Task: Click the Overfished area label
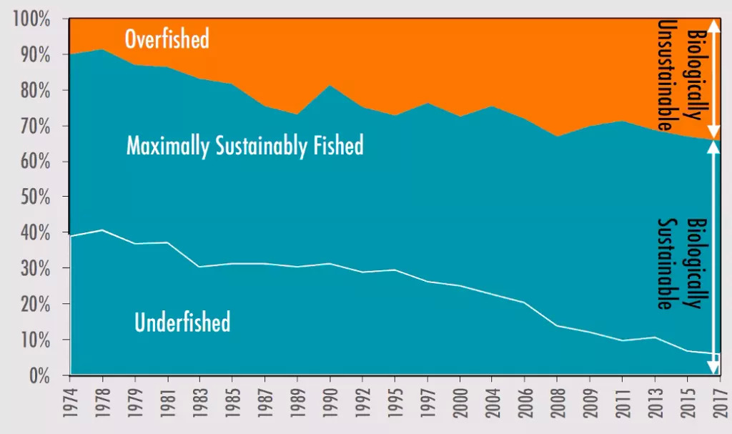point(167,39)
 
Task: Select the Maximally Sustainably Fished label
point(244,146)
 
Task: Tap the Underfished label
point(182,322)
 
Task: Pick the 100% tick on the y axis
point(31,20)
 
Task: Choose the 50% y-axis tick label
point(34,197)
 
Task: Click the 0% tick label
point(39,375)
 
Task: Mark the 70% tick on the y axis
point(34,127)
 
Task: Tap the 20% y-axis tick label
point(34,305)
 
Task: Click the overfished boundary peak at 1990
point(330,86)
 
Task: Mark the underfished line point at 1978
point(103,230)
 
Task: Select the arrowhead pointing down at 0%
point(713,369)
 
